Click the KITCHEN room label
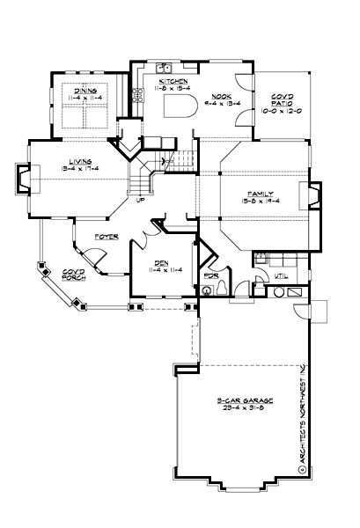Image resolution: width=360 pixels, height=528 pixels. point(173,81)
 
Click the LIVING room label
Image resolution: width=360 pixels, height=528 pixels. point(78,161)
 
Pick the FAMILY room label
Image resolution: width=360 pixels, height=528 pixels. point(260,193)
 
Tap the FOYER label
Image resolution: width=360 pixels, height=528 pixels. point(108,238)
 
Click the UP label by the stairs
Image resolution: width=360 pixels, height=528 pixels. point(139,199)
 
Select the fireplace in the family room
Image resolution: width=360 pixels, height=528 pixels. point(309,195)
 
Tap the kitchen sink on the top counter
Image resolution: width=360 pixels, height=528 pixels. point(164,68)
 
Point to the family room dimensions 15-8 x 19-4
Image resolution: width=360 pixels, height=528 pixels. point(260,201)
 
